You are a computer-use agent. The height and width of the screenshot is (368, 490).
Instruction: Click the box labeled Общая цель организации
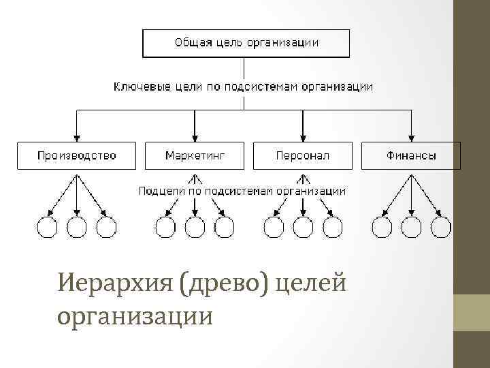pos(246,43)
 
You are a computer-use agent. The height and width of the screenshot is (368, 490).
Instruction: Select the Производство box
pos(76,155)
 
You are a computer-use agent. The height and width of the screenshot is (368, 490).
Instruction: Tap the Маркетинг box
pos(195,155)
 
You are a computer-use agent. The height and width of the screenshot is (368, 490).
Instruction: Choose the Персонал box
pos(303,155)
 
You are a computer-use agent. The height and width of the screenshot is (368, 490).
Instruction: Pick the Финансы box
pos(411,155)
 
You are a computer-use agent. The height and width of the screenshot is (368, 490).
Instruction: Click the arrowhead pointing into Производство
pos(76,136)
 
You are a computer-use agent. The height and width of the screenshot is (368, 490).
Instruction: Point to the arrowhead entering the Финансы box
pos(411,136)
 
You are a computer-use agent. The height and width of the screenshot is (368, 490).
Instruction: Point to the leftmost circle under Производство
pos(47,227)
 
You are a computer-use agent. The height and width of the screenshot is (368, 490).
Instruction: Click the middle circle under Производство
pos(76,227)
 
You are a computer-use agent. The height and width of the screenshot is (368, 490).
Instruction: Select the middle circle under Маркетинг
pos(195,227)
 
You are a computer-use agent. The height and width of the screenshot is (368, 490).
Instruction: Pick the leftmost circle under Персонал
pos(274,227)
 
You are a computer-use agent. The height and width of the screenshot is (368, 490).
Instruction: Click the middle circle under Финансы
pos(411,227)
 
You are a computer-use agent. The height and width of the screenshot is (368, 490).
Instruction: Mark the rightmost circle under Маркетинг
pos(224,227)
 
